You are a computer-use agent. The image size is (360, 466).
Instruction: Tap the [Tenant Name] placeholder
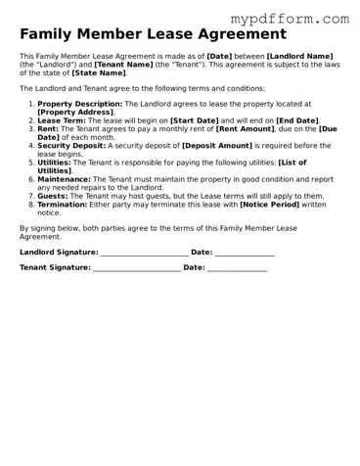(x=124, y=64)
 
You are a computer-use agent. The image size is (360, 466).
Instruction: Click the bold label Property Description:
(x=80, y=104)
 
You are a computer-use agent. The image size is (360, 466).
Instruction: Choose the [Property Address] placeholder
(x=75, y=112)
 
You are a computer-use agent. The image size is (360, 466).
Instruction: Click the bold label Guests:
(x=54, y=196)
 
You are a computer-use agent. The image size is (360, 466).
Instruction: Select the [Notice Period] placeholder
(x=270, y=204)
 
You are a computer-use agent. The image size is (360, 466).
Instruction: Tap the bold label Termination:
(x=66, y=204)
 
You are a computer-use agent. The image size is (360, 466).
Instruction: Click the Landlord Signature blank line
(x=143, y=254)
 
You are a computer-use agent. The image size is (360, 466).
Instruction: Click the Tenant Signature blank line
(x=136, y=268)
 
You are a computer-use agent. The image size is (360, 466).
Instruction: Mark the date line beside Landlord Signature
(x=245, y=254)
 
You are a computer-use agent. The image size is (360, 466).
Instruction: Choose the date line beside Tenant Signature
(x=238, y=268)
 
